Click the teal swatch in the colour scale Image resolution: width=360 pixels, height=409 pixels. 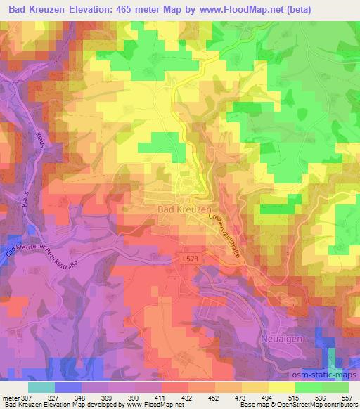click(41, 387)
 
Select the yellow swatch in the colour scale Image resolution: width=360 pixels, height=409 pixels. click(281, 387)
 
